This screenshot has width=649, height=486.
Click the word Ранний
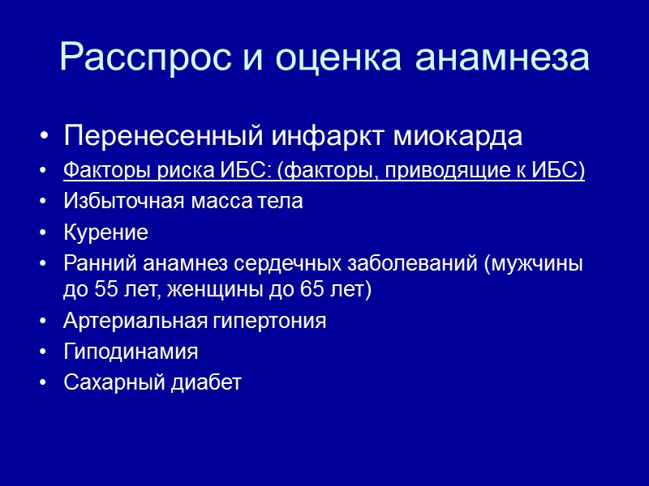click(92, 265)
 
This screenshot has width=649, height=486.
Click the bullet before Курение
click(42, 234)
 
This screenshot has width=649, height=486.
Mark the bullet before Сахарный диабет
click(42, 382)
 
